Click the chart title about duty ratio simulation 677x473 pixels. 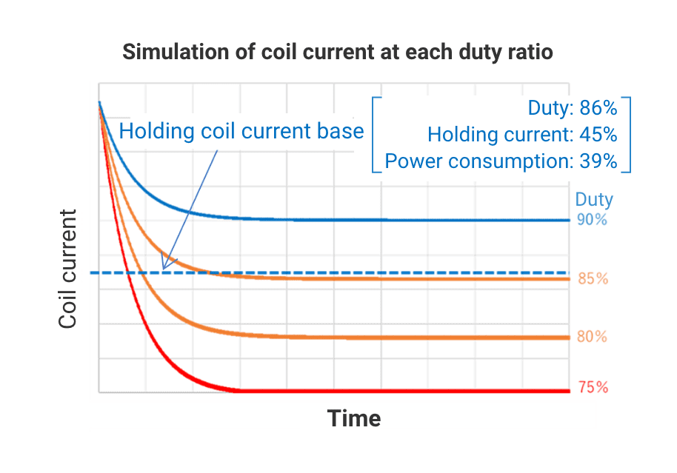tap(337, 53)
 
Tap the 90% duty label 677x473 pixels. tap(592, 220)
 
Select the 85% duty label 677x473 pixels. tap(593, 279)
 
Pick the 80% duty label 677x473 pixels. tap(592, 337)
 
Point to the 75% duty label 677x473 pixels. tap(592, 387)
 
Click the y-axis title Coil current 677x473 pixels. tap(68, 269)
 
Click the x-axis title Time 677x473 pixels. tap(354, 419)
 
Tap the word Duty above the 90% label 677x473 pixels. tap(594, 200)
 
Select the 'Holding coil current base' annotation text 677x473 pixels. tap(241, 132)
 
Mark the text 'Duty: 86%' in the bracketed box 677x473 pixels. tap(572, 108)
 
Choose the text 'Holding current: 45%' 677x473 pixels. tap(522, 135)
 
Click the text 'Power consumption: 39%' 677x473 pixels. tap(501, 161)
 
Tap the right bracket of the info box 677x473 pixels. tap(628, 135)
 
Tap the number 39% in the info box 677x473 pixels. tap(598, 161)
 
